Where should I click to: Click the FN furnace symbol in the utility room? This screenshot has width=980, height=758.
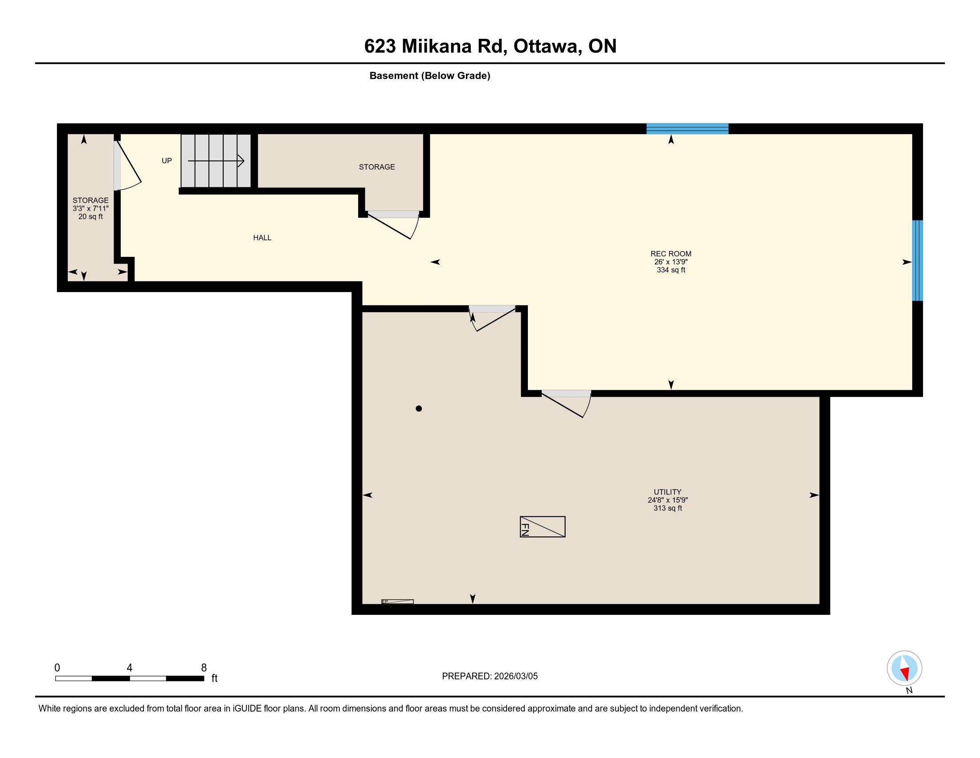click(543, 526)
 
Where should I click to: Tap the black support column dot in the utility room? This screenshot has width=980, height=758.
click(419, 408)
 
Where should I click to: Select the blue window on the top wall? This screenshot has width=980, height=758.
click(687, 129)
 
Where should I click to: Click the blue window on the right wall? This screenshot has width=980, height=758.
click(918, 260)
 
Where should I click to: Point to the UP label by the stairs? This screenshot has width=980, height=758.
click(167, 161)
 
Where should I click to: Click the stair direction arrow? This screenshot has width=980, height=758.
click(216, 161)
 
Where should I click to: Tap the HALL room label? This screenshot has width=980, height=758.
click(262, 238)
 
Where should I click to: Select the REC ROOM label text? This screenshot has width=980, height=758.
click(671, 254)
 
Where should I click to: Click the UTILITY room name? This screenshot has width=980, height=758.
click(668, 492)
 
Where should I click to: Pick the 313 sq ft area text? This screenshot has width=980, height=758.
click(668, 508)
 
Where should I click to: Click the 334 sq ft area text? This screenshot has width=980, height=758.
click(671, 270)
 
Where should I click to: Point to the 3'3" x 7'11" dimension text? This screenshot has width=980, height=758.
click(90, 208)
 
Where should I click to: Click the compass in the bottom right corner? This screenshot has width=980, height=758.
click(905, 668)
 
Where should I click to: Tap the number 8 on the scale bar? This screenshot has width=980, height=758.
click(204, 668)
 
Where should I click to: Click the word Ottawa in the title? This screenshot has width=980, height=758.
click(545, 46)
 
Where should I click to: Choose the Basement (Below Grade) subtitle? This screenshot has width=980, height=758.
click(430, 76)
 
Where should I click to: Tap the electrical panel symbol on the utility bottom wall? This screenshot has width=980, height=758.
click(397, 602)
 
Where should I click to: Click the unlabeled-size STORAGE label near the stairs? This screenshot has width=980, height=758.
click(377, 167)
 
